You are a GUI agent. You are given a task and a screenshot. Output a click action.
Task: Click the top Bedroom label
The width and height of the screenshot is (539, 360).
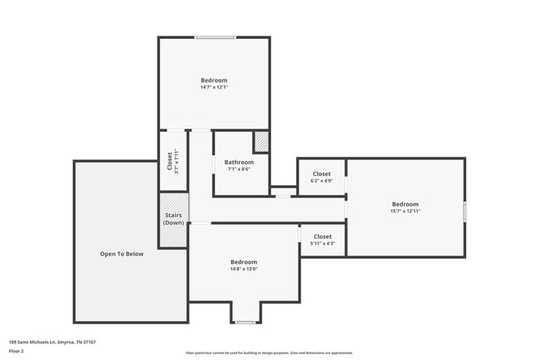click(x=214, y=80)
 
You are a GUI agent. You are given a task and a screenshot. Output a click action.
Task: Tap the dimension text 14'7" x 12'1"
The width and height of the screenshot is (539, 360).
click(x=214, y=87)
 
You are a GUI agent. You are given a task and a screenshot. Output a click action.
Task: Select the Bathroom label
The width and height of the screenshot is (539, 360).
click(x=238, y=162)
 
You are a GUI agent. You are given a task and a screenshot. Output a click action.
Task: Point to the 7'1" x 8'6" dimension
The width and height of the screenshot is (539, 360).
click(x=238, y=169)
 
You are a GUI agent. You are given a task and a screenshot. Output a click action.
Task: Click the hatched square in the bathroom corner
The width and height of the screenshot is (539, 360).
click(x=261, y=142)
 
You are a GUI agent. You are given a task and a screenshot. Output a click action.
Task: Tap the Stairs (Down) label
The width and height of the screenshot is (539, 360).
click(x=173, y=219)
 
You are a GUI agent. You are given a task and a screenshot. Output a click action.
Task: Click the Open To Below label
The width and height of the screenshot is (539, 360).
click(x=122, y=254)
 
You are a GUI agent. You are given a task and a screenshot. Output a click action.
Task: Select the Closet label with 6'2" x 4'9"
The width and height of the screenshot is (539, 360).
click(x=322, y=174)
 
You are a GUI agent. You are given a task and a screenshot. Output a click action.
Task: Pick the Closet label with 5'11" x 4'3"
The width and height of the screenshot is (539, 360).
click(x=323, y=236)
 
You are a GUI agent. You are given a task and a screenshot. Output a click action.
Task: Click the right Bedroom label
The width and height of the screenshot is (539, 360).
click(x=405, y=204)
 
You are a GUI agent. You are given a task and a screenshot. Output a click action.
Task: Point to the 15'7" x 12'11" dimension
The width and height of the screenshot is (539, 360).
click(x=405, y=212)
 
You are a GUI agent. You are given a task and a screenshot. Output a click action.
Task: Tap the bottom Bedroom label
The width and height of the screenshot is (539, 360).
click(x=244, y=262)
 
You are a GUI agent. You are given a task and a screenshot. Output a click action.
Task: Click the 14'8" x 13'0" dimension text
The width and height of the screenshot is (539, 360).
click(x=244, y=269)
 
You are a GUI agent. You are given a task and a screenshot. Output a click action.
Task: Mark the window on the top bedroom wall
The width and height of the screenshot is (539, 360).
click(x=215, y=37)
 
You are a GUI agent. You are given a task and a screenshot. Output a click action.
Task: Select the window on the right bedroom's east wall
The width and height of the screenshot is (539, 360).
click(x=464, y=212)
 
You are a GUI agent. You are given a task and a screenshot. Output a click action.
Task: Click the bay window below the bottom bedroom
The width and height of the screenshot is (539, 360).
click(x=245, y=322)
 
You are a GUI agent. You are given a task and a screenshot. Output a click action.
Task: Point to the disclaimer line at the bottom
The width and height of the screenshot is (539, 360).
click(x=269, y=353)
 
